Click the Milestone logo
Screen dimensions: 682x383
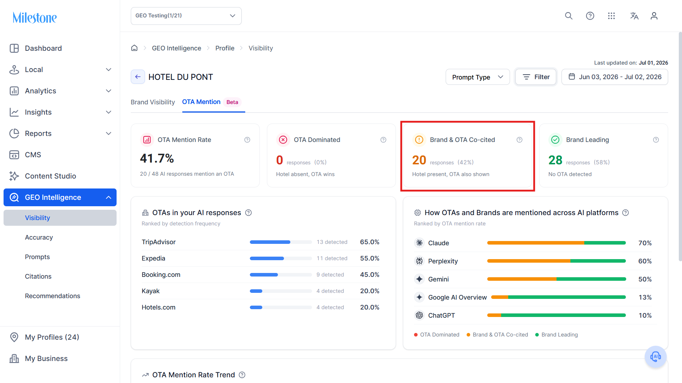(x=34, y=17)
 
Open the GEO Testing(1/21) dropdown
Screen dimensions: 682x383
(x=186, y=16)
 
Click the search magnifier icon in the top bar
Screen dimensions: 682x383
(x=569, y=16)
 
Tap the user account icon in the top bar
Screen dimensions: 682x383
(x=654, y=16)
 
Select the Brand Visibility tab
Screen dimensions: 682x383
(x=153, y=102)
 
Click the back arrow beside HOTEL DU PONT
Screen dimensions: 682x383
(x=138, y=77)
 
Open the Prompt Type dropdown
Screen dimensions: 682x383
(x=478, y=77)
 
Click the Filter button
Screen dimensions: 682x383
(x=536, y=77)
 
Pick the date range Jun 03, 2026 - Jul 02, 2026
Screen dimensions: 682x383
(x=615, y=77)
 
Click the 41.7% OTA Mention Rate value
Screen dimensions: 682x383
(x=157, y=158)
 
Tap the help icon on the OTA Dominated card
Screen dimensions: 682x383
(x=383, y=140)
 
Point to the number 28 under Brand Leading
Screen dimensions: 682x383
(x=555, y=160)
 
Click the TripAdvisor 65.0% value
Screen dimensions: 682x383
(x=370, y=242)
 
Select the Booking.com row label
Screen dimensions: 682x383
(x=161, y=275)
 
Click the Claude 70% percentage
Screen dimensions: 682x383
(x=645, y=243)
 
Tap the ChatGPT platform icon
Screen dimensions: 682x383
(x=419, y=315)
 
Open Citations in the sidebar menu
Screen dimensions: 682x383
(x=38, y=277)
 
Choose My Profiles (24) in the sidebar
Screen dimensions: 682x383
(x=52, y=337)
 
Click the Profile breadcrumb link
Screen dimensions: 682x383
(x=225, y=48)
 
